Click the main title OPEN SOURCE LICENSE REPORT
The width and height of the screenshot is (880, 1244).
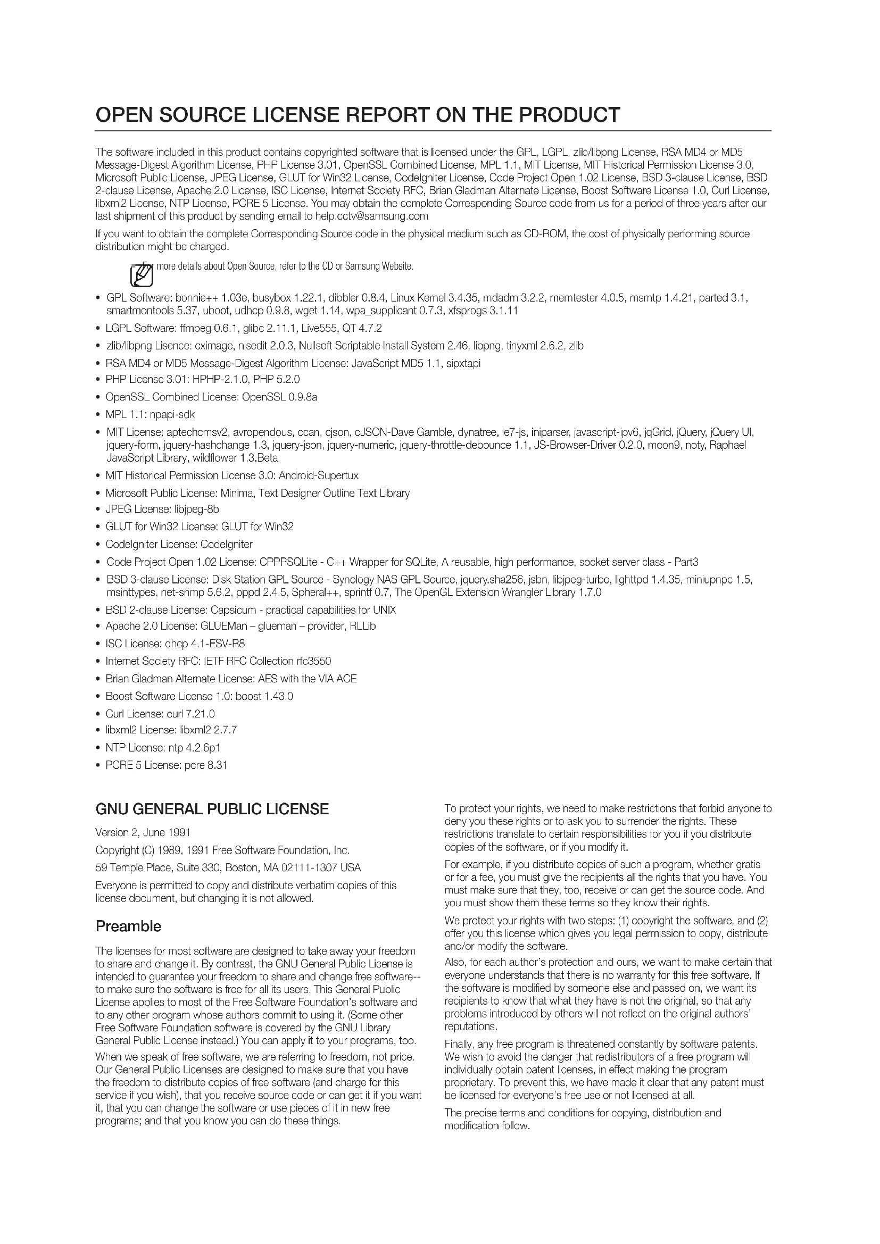pos(358,115)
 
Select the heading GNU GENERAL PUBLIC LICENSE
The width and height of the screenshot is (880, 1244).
pos(212,809)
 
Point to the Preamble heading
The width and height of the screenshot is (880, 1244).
pos(128,926)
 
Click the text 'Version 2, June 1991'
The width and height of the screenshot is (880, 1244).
pos(143,832)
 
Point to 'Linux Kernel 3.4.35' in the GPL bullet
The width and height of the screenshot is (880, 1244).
pos(433,298)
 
